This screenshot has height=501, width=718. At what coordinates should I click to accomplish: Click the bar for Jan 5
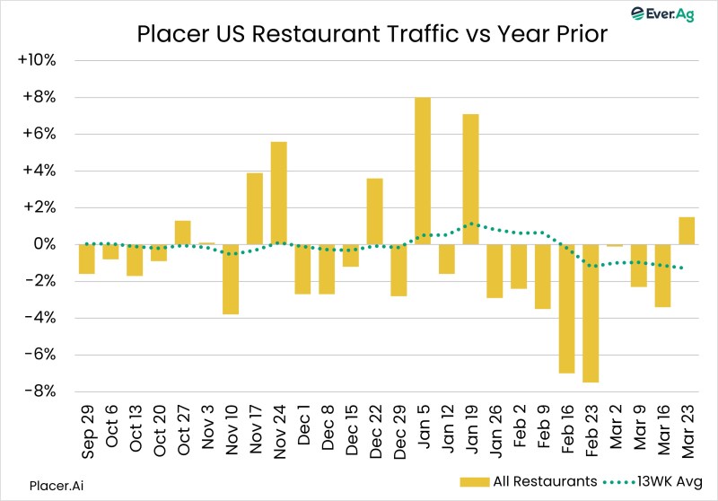coord(423,171)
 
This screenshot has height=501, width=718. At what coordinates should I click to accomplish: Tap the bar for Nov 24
coord(278,192)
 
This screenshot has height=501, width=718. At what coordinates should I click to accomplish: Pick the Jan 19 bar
coord(470,179)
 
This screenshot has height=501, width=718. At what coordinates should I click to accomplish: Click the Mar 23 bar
coord(687,230)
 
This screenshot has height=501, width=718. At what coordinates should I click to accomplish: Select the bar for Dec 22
coord(374,211)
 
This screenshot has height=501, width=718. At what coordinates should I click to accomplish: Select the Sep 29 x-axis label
coord(86,433)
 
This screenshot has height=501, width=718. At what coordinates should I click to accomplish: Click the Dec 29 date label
coord(398,433)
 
